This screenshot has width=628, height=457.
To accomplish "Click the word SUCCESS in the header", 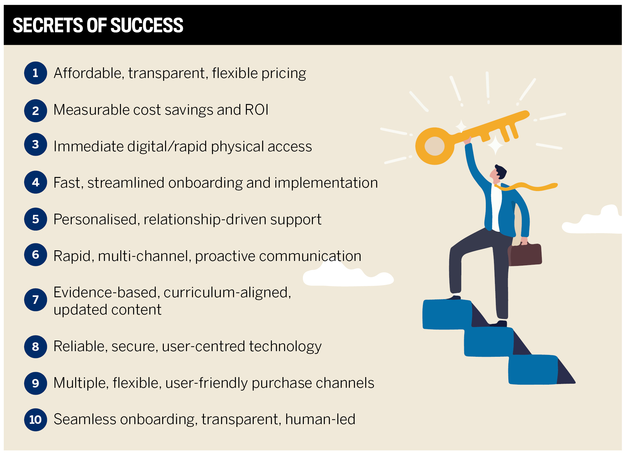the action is (147, 25).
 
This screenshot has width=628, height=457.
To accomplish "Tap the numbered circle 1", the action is (36, 73).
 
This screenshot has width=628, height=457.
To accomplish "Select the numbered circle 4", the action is (36, 182).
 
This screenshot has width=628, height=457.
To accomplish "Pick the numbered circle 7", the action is (36, 300).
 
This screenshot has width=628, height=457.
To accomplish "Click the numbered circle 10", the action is (36, 420).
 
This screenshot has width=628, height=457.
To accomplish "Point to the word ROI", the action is (257, 110).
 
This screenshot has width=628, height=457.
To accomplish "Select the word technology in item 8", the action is (285, 347).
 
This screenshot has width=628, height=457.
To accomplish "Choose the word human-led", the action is (320, 419).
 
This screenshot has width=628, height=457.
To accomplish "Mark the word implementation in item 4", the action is (326, 183).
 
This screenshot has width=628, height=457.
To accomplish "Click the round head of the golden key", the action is (435, 146).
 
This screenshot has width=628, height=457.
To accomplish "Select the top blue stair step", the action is (447, 314).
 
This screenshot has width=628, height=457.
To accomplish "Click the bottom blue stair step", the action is (533, 369).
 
